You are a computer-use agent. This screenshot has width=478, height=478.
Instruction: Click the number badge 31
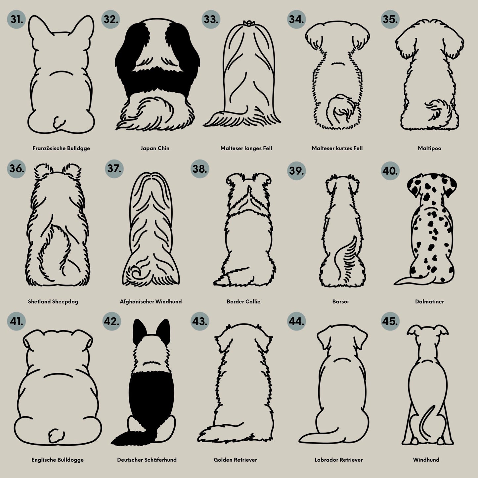point(16,19)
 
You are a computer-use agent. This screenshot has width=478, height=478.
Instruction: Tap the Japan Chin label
point(155,148)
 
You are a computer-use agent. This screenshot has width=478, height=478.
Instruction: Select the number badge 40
point(390,171)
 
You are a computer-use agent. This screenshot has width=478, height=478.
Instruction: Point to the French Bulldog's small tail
point(59,122)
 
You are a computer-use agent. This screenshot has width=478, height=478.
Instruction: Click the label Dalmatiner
point(429,302)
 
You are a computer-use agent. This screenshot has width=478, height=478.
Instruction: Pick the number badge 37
point(114,169)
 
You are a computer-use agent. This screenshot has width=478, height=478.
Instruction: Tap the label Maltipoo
point(429,148)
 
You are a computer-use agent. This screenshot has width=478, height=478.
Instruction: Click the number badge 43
point(200,321)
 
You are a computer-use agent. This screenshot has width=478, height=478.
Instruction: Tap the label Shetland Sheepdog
point(53,302)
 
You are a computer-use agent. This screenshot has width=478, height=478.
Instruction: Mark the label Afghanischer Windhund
point(151,302)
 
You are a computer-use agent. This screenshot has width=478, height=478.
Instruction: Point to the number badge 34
point(296,19)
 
